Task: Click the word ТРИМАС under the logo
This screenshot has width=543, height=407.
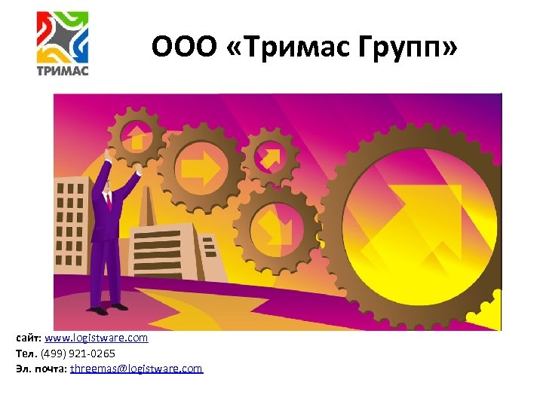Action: (x=63, y=71)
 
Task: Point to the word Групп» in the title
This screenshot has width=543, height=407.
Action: (x=413, y=48)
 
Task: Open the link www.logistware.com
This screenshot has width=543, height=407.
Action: (x=96, y=338)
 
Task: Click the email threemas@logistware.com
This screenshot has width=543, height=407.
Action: (x=136, y=369)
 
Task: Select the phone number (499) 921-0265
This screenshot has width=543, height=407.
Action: (x=83, y=353)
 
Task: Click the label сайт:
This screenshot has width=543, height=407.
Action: (x=29, y=338)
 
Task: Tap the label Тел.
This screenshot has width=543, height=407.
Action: (x=25, y=353)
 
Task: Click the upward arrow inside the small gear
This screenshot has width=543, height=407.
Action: (x=137, y=137)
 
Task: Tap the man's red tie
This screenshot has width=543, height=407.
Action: (x=109, y=200)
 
